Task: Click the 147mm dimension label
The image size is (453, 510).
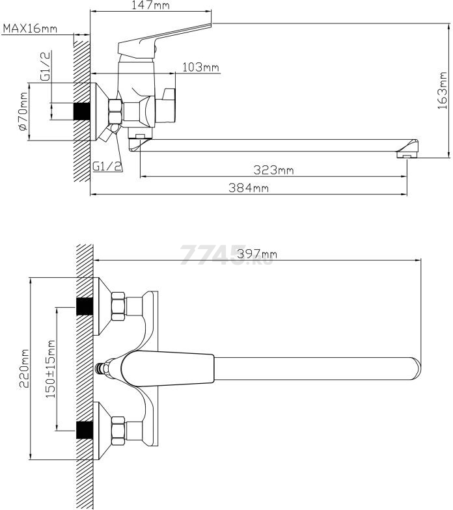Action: click(150, 5)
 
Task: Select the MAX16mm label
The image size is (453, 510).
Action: click(30, 29)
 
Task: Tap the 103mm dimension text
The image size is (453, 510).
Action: click(200, 68)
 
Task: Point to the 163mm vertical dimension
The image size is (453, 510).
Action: click(443, 90)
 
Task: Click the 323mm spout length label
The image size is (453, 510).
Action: click(273, 170)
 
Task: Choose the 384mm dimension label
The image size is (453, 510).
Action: click(249, 187)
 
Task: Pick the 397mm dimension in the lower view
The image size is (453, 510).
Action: click(257, 254)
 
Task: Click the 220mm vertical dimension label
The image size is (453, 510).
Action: click(25, 368)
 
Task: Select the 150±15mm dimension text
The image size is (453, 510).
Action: click(50, 369)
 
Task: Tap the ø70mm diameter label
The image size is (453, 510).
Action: click(23, 112)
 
